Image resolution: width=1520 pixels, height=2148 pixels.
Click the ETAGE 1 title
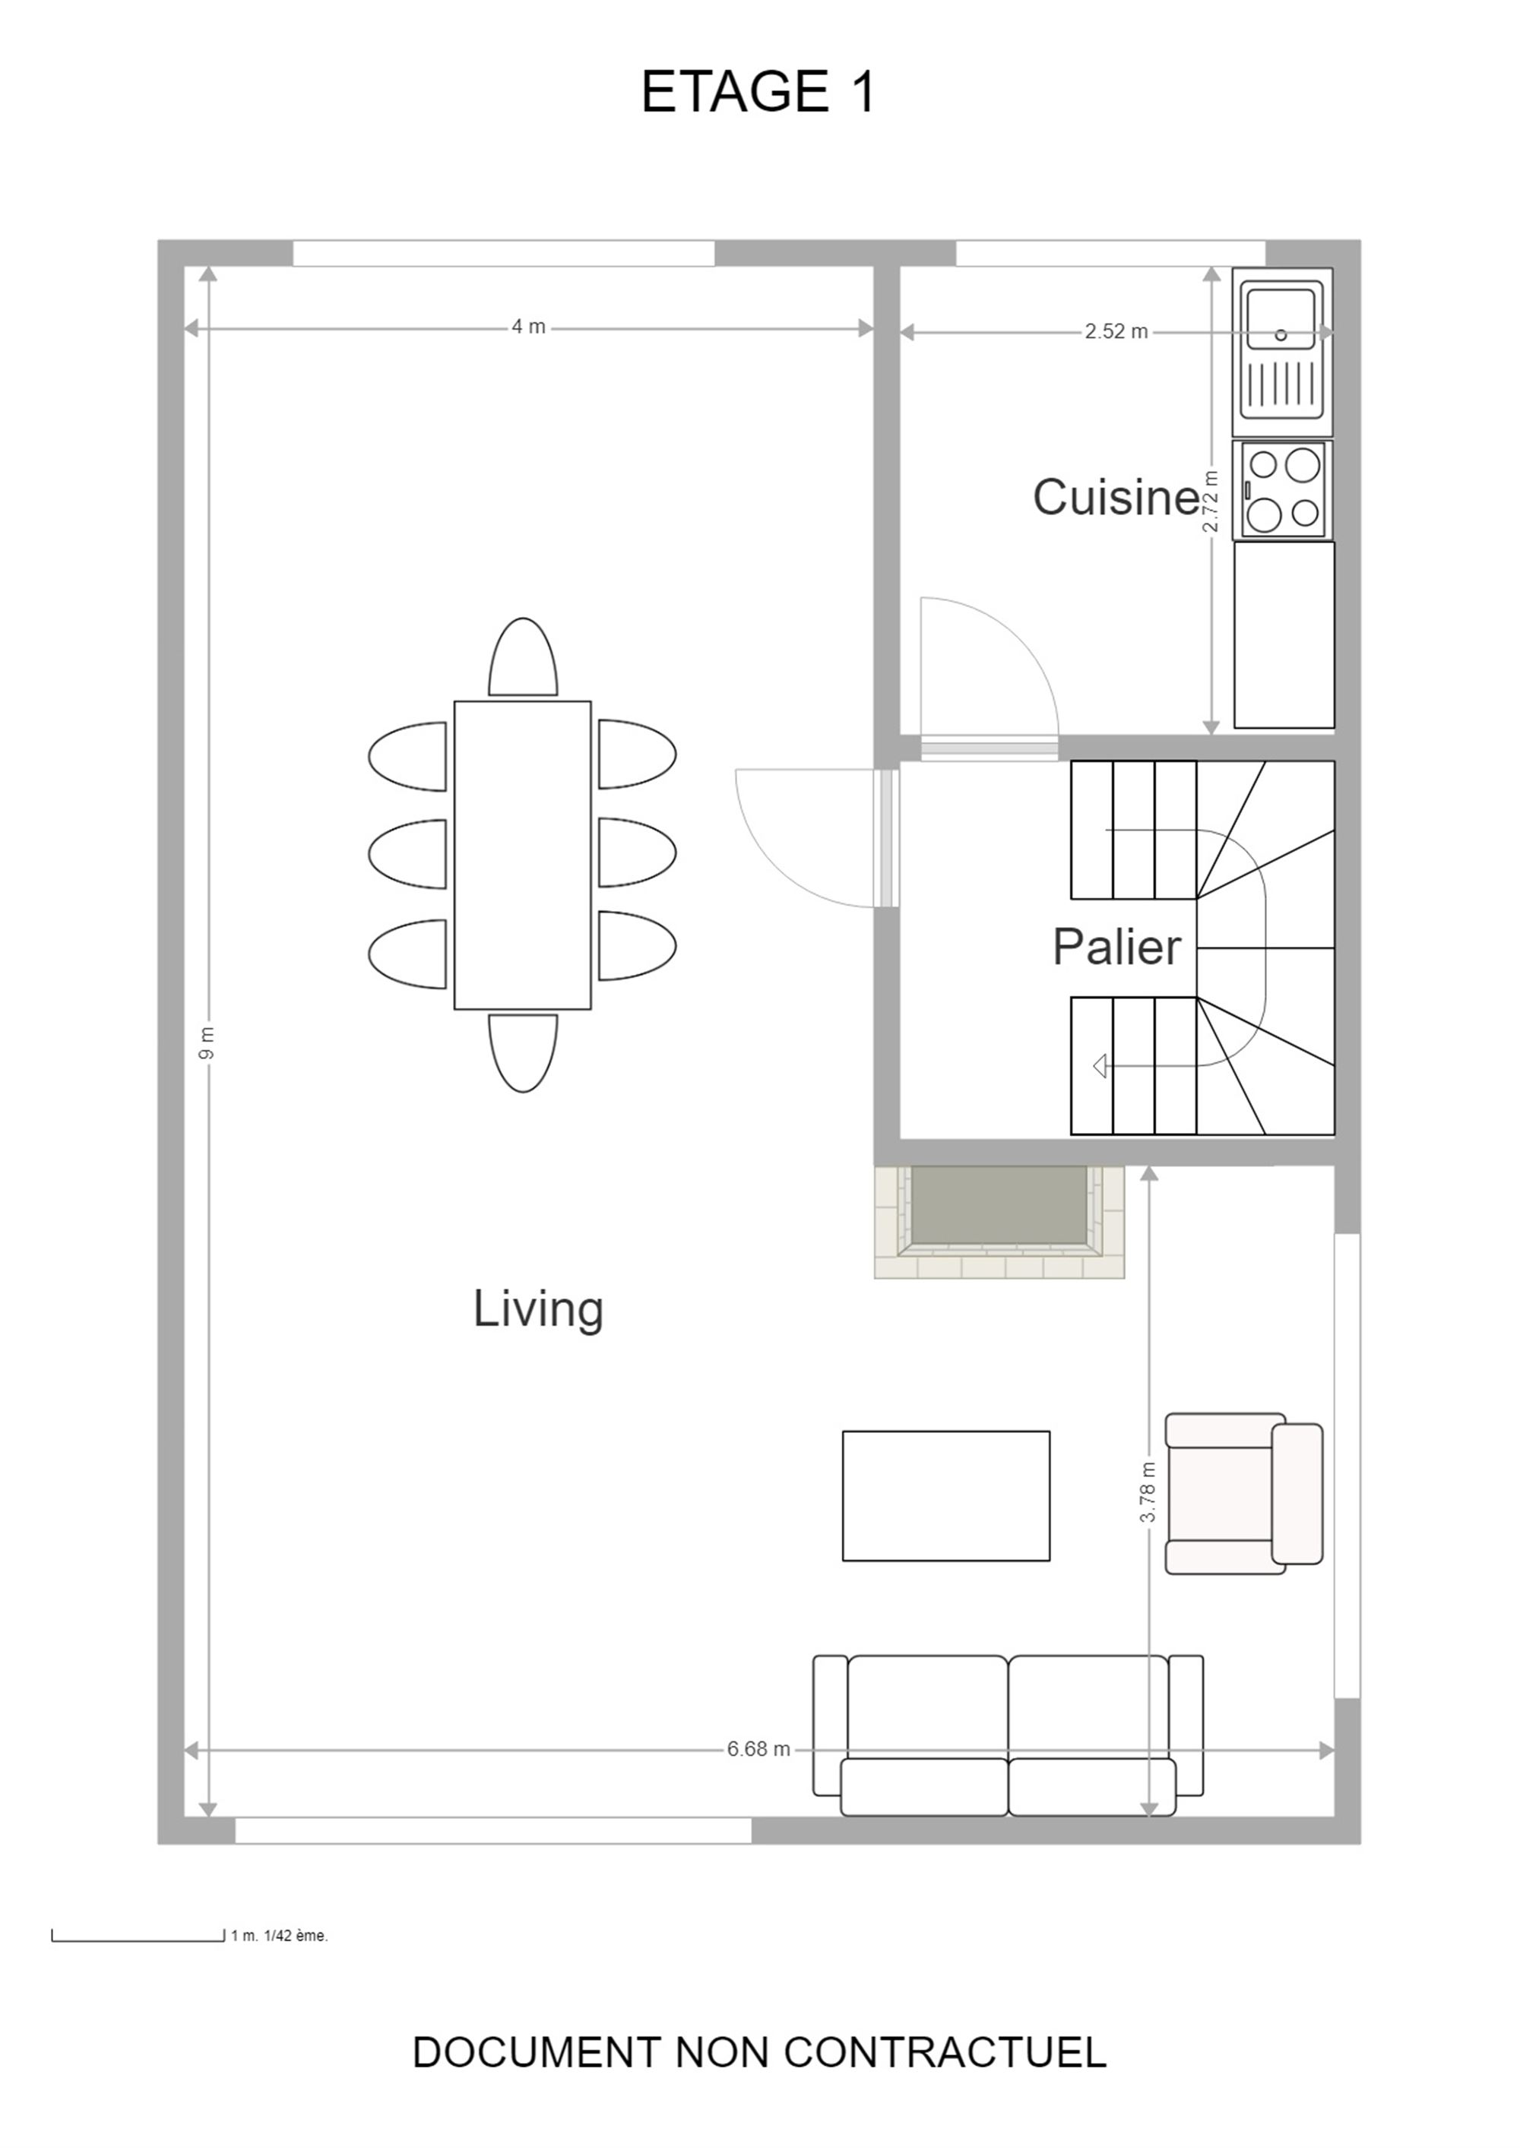(758, 92)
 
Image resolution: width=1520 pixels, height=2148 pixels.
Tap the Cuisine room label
(1116, 497)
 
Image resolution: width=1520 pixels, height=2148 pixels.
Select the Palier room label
(1116, 947)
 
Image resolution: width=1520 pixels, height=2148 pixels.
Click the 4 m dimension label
(528, 327)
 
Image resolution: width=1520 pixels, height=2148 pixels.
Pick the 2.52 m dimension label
(1116, 331)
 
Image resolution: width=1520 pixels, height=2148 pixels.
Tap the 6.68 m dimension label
(758, 1749)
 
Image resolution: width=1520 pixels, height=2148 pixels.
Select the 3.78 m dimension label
(1148, 1492)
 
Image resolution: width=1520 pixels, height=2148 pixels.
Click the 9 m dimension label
(207, 1043)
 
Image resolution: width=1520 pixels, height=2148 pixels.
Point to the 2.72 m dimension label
(1211, 501)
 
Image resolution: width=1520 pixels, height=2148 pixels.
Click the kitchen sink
(1282, 353)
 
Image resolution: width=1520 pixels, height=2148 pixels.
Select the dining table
(522, 855)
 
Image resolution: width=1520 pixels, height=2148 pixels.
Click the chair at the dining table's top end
(523, 656)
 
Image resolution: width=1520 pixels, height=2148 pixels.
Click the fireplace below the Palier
(999, 1221)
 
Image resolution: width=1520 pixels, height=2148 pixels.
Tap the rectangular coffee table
(945, 1496)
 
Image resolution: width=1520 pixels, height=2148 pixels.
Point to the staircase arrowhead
(1100, 1065)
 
